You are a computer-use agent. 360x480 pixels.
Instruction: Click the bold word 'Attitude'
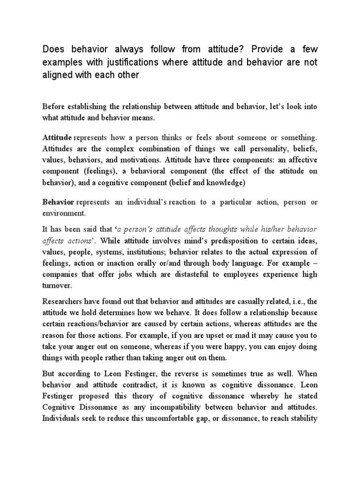(57, 137)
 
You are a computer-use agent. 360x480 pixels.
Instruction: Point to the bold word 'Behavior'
(58, 202)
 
